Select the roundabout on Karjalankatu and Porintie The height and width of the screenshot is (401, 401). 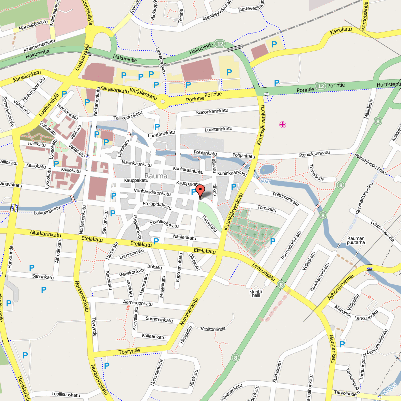coord(162,103)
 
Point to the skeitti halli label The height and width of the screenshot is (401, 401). coord(256,293)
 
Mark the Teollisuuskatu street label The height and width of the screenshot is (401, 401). coord(63,395)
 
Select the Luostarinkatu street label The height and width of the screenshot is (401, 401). coord(219,129)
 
